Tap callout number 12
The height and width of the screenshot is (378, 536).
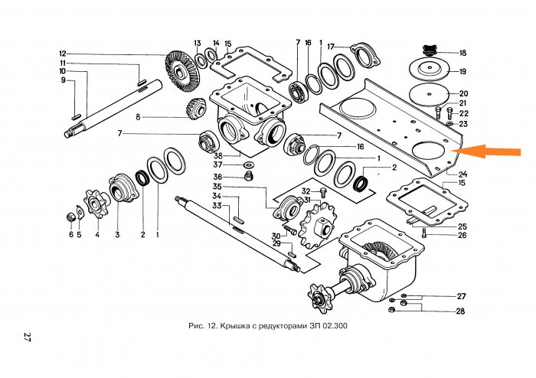63,54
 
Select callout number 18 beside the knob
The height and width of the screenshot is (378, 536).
462,53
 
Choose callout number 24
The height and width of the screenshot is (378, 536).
462,173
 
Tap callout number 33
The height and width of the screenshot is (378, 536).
217,206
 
